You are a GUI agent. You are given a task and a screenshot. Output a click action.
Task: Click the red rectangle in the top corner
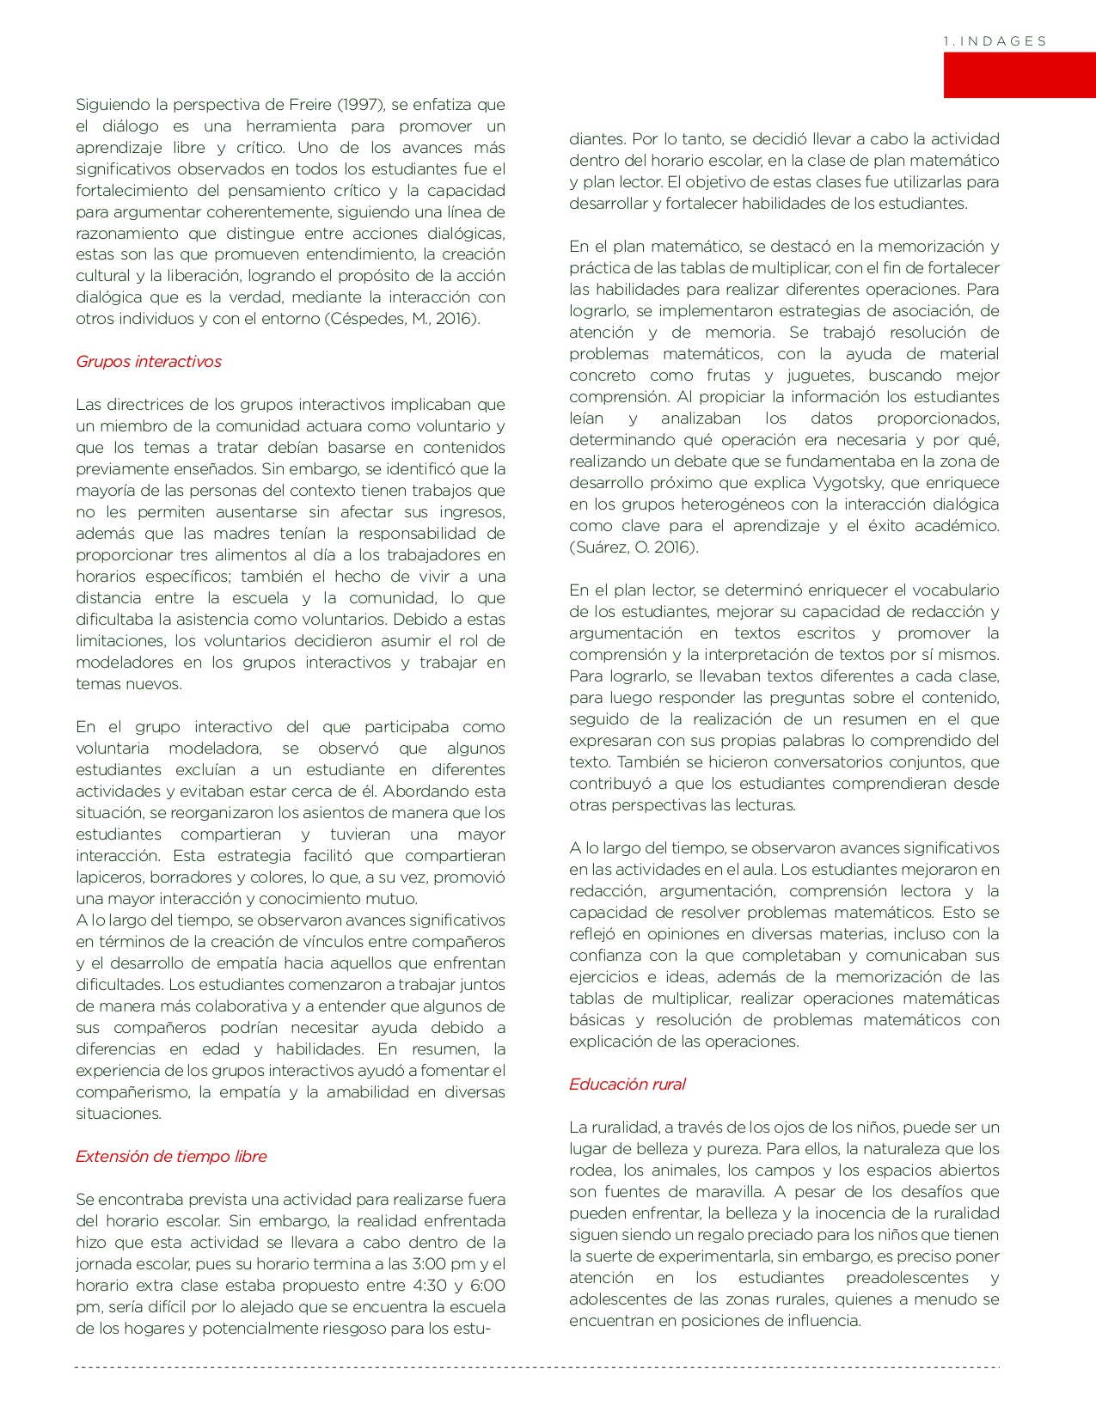click(1019, 75)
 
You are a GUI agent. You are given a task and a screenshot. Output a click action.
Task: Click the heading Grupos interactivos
click(149, 362)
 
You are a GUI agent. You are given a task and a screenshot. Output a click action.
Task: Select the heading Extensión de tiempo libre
click(171, 1157)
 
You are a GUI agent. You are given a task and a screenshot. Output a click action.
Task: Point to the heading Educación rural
click(627, 1085)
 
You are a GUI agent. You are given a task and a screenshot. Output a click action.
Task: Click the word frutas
click(729, 376)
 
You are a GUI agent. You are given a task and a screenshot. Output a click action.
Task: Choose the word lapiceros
click(109, 877)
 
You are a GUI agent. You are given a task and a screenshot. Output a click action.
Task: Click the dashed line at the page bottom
click(537, 1367)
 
